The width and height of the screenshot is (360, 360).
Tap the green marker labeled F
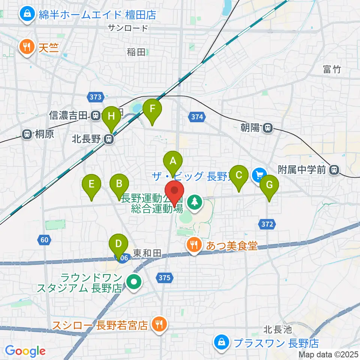(152, 109)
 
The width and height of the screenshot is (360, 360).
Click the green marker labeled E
(91, 184)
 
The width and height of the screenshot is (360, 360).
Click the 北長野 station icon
(109, 139)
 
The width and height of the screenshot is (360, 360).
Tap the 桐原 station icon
(27, 134)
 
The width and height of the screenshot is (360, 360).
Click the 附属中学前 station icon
(333, 170)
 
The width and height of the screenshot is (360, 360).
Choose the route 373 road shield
(96, 97)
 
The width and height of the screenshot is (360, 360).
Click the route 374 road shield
(197, 117)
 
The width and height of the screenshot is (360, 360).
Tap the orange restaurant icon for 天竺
(27, 47)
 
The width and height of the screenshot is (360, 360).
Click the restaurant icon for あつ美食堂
(194, 245)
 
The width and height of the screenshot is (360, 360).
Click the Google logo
(25, 351)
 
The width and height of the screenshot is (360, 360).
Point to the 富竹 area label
(331, 69)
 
